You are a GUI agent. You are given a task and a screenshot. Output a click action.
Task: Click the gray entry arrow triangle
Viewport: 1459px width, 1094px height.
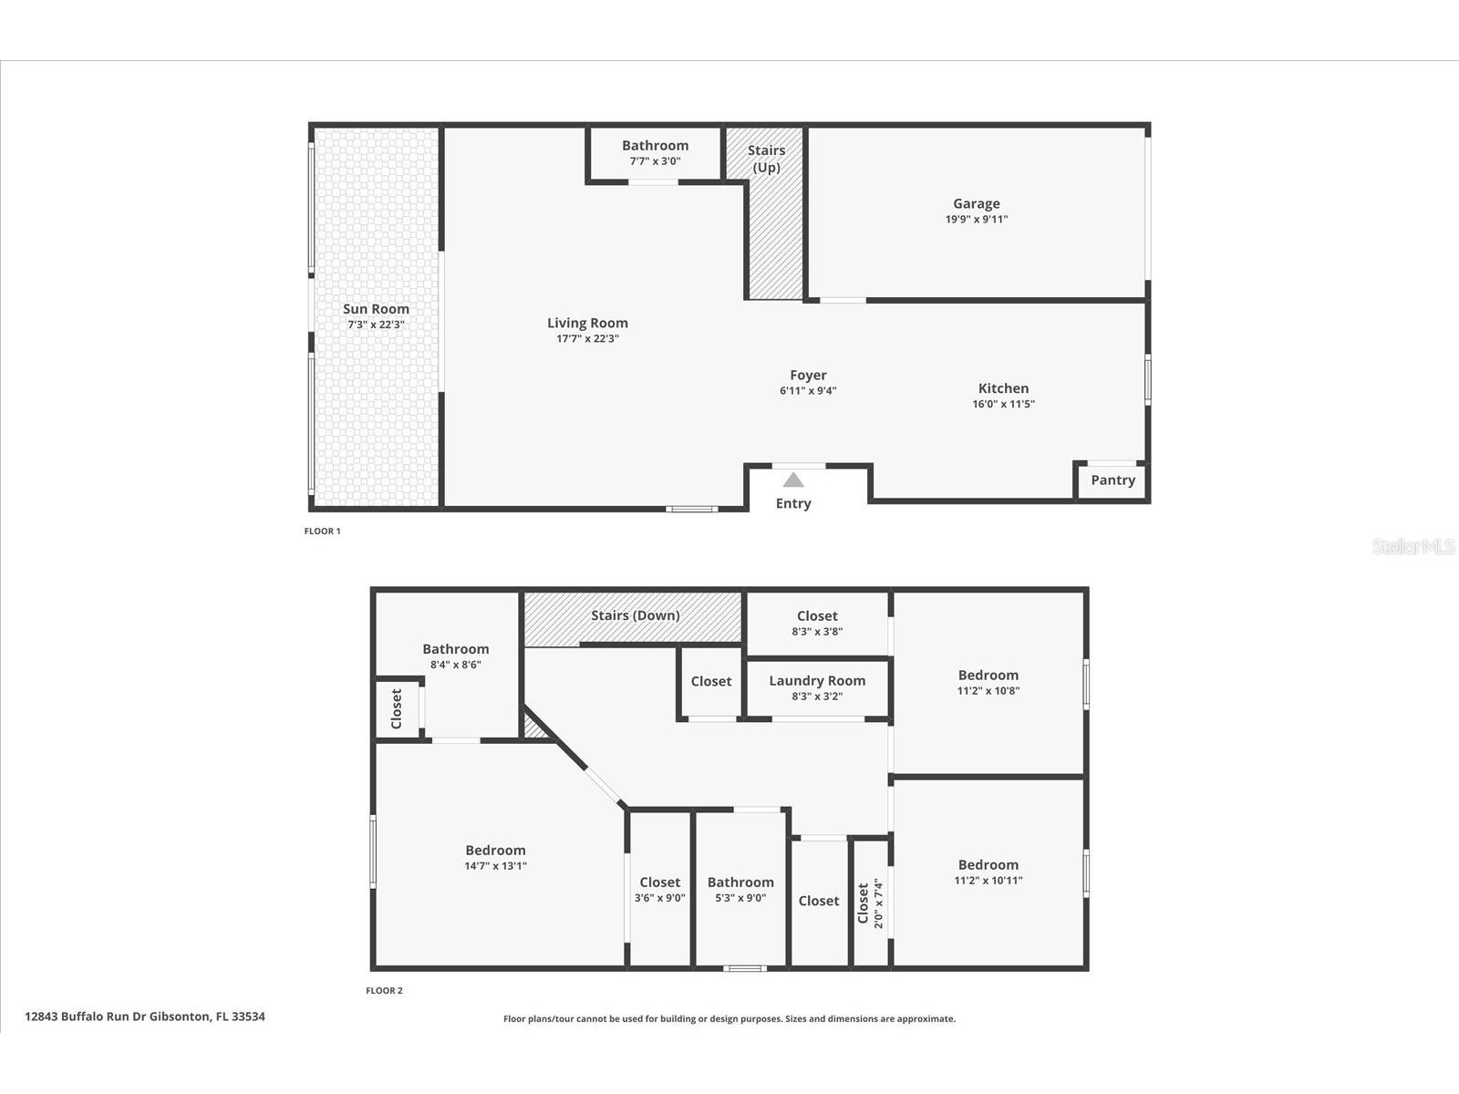click(x=793, y=480)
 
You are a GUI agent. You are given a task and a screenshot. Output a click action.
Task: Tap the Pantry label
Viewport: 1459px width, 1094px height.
click(x=1112, y=480)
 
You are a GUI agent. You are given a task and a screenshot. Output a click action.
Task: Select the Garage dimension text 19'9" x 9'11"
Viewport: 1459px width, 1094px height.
click(x=976, y=220)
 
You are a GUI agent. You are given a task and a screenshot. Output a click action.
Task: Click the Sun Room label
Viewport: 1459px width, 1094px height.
click(x=376, y=309)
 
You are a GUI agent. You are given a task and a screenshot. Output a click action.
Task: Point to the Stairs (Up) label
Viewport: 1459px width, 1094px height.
click(x=766, y=159)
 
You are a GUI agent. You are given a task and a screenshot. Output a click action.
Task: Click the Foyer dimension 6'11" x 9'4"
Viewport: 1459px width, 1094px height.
click(x=808, y=391)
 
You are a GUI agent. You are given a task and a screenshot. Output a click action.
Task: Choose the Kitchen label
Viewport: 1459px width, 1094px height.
click(x=1003, y=388)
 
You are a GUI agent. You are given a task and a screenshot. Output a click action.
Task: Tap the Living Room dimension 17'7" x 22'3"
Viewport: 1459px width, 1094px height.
click(x=587, y=339)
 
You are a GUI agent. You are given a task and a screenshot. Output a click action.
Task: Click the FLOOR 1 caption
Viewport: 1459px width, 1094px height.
click(x=322, y=532)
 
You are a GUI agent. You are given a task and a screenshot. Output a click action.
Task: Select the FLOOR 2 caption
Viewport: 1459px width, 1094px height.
click(x=384, y=991)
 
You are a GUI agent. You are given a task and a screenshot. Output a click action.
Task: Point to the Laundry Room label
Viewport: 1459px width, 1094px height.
click(x=817, y=681)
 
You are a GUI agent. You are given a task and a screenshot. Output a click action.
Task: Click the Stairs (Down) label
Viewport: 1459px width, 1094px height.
click(x=635, y=615)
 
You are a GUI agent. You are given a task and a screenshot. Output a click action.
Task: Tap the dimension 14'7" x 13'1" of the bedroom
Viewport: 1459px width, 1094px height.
click(x=495, y=866)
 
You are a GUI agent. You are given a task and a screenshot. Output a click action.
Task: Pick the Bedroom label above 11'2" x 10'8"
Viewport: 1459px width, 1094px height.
click(x=988, y=676)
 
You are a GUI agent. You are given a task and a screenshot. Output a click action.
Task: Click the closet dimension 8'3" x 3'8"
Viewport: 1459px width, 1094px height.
click(x=817, y=631)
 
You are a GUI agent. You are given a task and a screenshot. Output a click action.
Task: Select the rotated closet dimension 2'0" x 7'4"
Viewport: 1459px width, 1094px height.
click(x=879, y=903)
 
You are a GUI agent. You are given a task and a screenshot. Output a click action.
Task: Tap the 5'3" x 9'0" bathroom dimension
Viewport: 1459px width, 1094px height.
click(x=740, y=898)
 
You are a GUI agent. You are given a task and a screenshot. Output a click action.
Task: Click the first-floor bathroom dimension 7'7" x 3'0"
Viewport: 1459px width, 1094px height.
click(x=655, y=161)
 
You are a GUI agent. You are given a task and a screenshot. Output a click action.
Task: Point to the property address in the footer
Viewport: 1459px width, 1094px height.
click(x=145, y=1017)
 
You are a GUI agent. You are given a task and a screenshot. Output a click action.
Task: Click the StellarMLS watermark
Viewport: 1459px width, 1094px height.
click(x=1413, y=547)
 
